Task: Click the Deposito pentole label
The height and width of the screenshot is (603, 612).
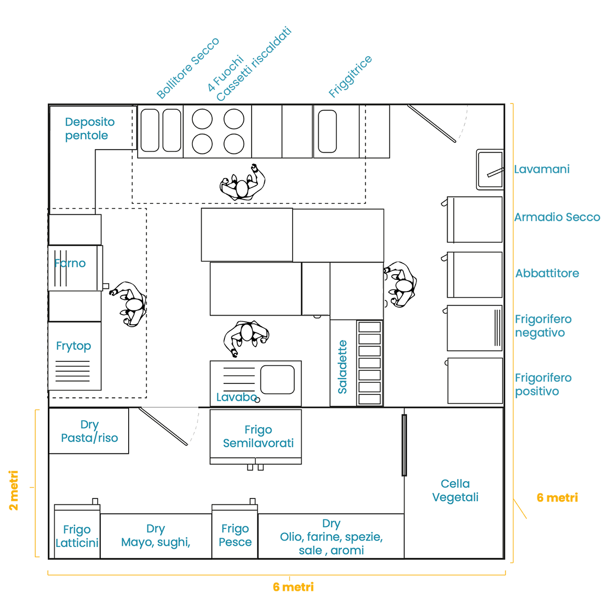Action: click(89, 129)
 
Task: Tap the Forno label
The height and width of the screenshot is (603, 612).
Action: click(70, 263)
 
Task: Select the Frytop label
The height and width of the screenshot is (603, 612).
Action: click(74, 346)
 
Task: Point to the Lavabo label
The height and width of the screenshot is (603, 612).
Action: click(236, 397)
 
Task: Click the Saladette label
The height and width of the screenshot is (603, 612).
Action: click(343, 367)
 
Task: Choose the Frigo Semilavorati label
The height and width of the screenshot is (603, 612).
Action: click(258, 436)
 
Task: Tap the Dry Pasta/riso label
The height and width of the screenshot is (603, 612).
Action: click(89, 431)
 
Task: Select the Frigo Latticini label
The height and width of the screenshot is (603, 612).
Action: click(77, 536)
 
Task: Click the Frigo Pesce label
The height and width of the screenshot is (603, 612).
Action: click(235, 535)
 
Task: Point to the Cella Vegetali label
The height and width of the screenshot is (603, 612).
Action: click(455, 490)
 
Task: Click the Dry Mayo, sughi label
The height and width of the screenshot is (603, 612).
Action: click(155, 535)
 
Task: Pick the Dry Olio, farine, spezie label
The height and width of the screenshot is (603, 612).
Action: click(331, 537)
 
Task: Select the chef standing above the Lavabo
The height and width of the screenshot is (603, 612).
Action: click(246, 336)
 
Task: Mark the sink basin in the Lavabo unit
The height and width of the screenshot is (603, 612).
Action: click(277, 379)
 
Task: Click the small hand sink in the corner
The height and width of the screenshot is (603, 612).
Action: click(490, 169)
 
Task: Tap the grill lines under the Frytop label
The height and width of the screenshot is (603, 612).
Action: click(72, 371)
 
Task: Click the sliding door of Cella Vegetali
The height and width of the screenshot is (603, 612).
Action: click(404, 445)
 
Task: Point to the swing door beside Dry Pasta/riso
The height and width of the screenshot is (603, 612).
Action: click(163, 426)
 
